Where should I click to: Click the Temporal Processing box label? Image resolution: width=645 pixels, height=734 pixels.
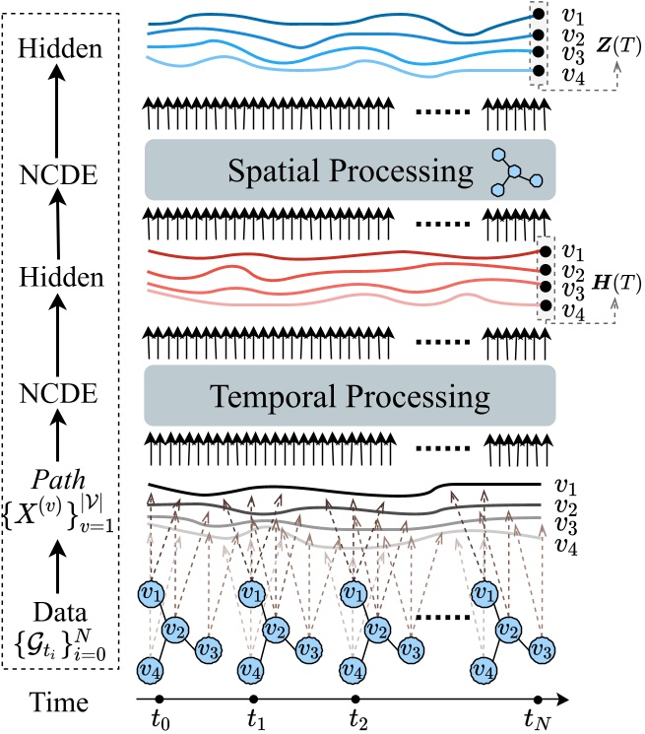point(351,397)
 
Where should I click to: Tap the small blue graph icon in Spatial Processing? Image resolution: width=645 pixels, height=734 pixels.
point(511,174)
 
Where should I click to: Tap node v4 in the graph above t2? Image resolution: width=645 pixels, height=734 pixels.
point(352,668)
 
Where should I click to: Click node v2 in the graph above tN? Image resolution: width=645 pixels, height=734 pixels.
point(508,629)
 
